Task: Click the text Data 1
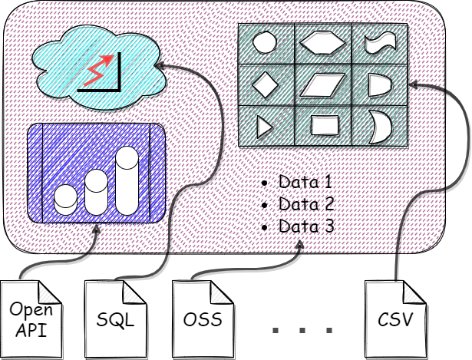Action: pos(305,183)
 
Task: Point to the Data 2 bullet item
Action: pos(305,205)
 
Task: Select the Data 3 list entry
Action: pos(305,227)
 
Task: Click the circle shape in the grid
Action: pos(264,42)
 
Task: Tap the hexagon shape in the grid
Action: pos(322,42)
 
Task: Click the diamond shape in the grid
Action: pos(264,84)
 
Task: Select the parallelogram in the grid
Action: pos(322,84)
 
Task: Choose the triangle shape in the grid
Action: pos(264,124)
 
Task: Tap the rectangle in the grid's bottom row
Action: pos(322,124)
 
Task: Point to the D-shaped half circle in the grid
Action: pos(379,84)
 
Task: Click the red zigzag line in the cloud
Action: pos(102,70)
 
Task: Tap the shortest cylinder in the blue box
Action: pos(66,199)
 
